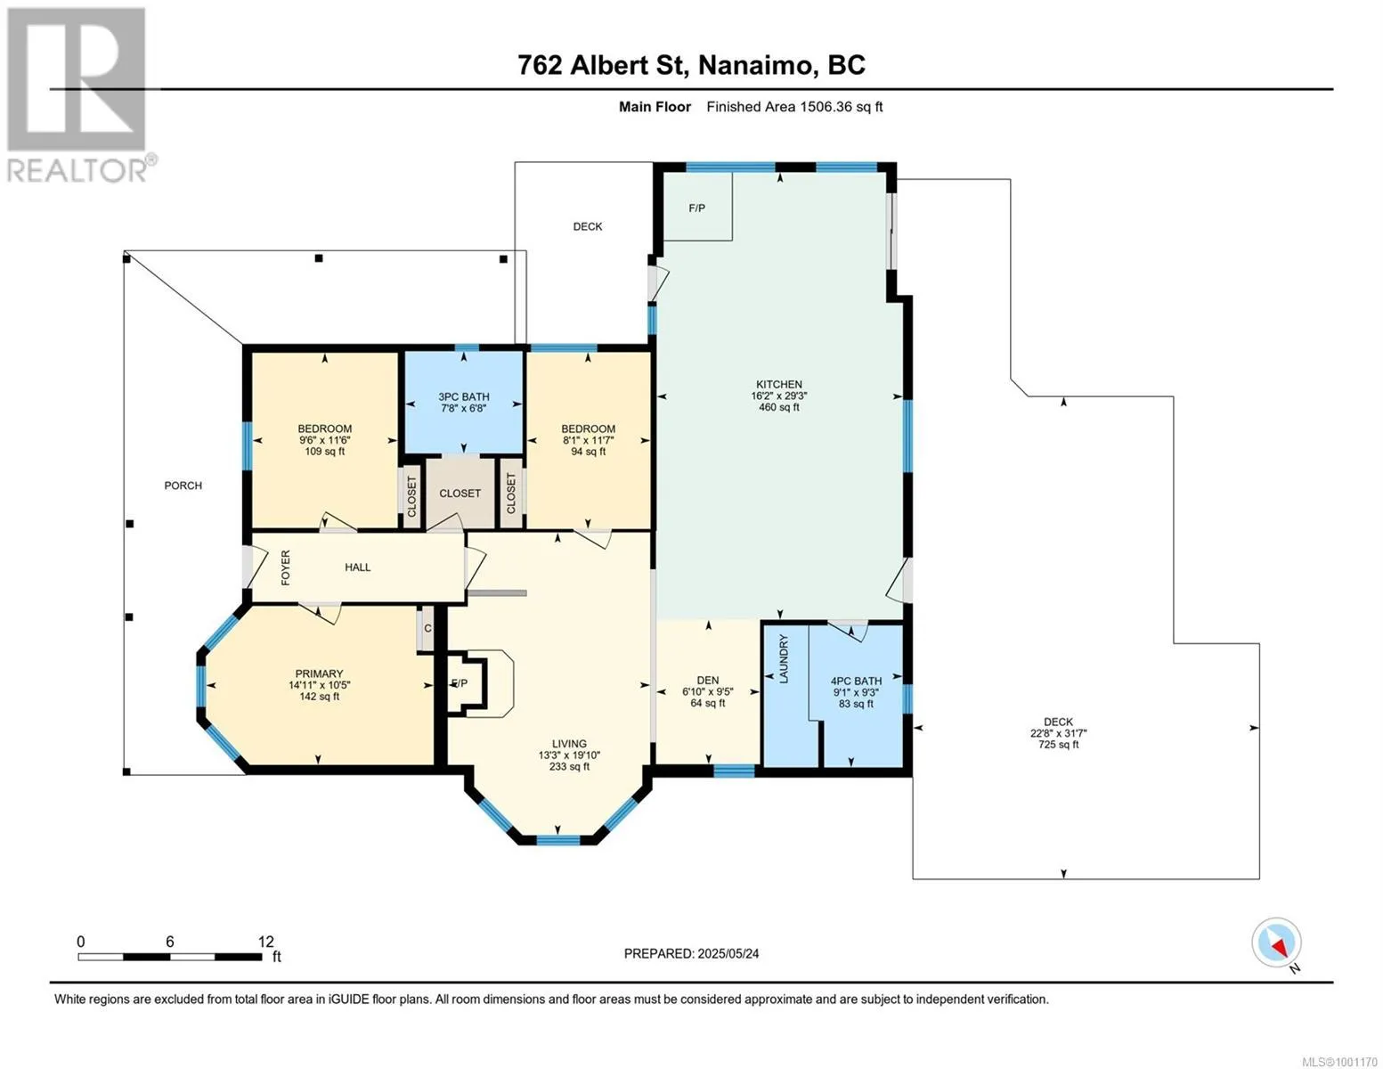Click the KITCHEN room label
pos(778,385)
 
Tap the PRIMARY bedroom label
pos(319,673)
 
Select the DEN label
pos(708,680)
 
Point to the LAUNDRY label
pos(784,659)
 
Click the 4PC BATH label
pos(856,681)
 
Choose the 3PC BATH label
pos(463,396)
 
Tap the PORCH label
pos(183,486)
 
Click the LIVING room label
pos(569,744)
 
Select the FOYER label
pos(286,568)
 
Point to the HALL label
pos(358,567)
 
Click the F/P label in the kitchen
pos(697,208)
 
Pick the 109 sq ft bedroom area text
pos(324,452)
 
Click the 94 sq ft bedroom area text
pos(588,452)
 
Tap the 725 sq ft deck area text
pos(1059,744)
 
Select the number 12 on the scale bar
pos(266,941)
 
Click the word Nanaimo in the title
pos(759,66)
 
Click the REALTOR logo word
pos(77,170)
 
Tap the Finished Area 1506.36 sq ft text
pos(794,107)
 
